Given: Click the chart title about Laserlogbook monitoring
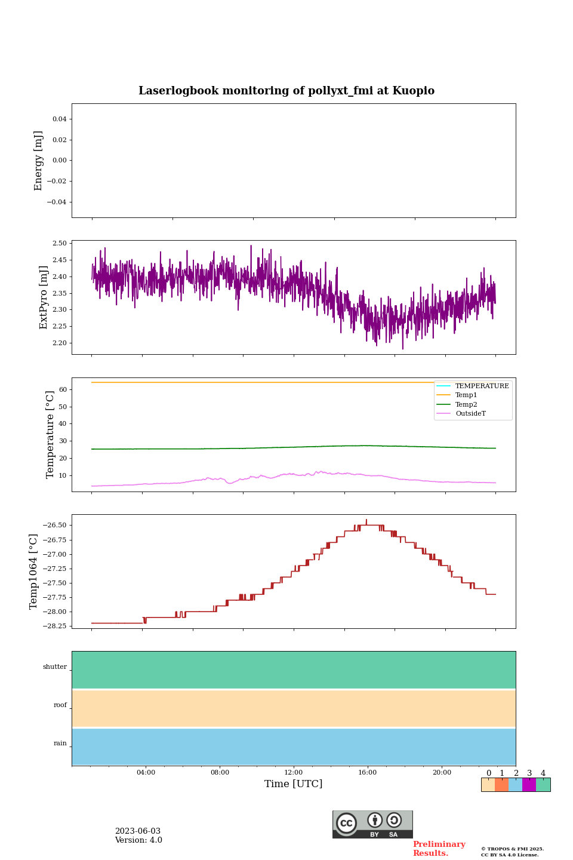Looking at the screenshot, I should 286,91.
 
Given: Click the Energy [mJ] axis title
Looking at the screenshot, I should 38,161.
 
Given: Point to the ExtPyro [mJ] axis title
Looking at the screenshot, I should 43,297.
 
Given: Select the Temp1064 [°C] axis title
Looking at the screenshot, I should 33,572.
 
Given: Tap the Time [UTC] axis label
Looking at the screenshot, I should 293,784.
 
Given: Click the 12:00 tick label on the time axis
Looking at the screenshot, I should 293,772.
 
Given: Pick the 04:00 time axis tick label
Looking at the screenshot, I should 146,772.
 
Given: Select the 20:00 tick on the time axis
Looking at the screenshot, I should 442,772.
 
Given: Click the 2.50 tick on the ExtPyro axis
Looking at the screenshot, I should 60,244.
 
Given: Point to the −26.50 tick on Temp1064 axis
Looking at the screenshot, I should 56,526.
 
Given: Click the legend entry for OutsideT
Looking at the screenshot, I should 470,414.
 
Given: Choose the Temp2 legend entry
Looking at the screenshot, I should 466,404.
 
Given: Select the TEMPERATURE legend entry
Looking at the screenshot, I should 482,386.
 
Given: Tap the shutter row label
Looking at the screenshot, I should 55,667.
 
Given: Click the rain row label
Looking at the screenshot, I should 60,744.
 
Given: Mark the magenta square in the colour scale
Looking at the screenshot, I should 529,785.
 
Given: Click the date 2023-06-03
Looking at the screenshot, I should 138,831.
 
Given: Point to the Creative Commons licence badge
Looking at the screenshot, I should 372,824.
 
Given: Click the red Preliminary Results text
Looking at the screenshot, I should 439,849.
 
